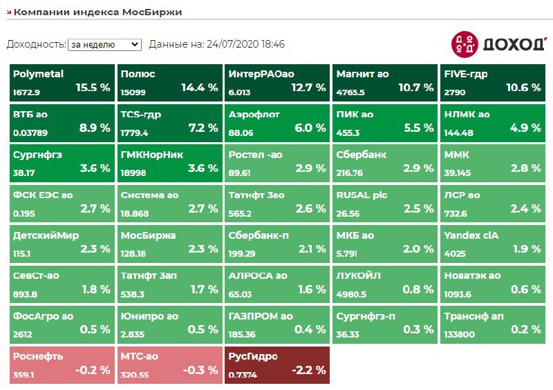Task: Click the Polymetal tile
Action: pos(62,81)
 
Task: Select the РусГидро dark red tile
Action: pos(277,365)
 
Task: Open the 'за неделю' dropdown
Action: pos(104,44)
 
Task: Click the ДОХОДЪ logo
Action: pos(498,44)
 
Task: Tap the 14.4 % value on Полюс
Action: pos(199,88)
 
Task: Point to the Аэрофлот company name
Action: pos(254,114)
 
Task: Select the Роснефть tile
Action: pos(62,365)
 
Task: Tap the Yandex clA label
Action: pos(471,235)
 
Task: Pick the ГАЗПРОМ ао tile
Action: pos(277,324)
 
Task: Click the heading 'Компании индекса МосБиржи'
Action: pos(98,12)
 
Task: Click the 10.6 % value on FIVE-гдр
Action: pos(523,88)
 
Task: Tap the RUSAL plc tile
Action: pos(385,203)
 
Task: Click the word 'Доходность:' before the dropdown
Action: pos(36,44)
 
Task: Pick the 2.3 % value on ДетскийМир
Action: pos(95,249)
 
